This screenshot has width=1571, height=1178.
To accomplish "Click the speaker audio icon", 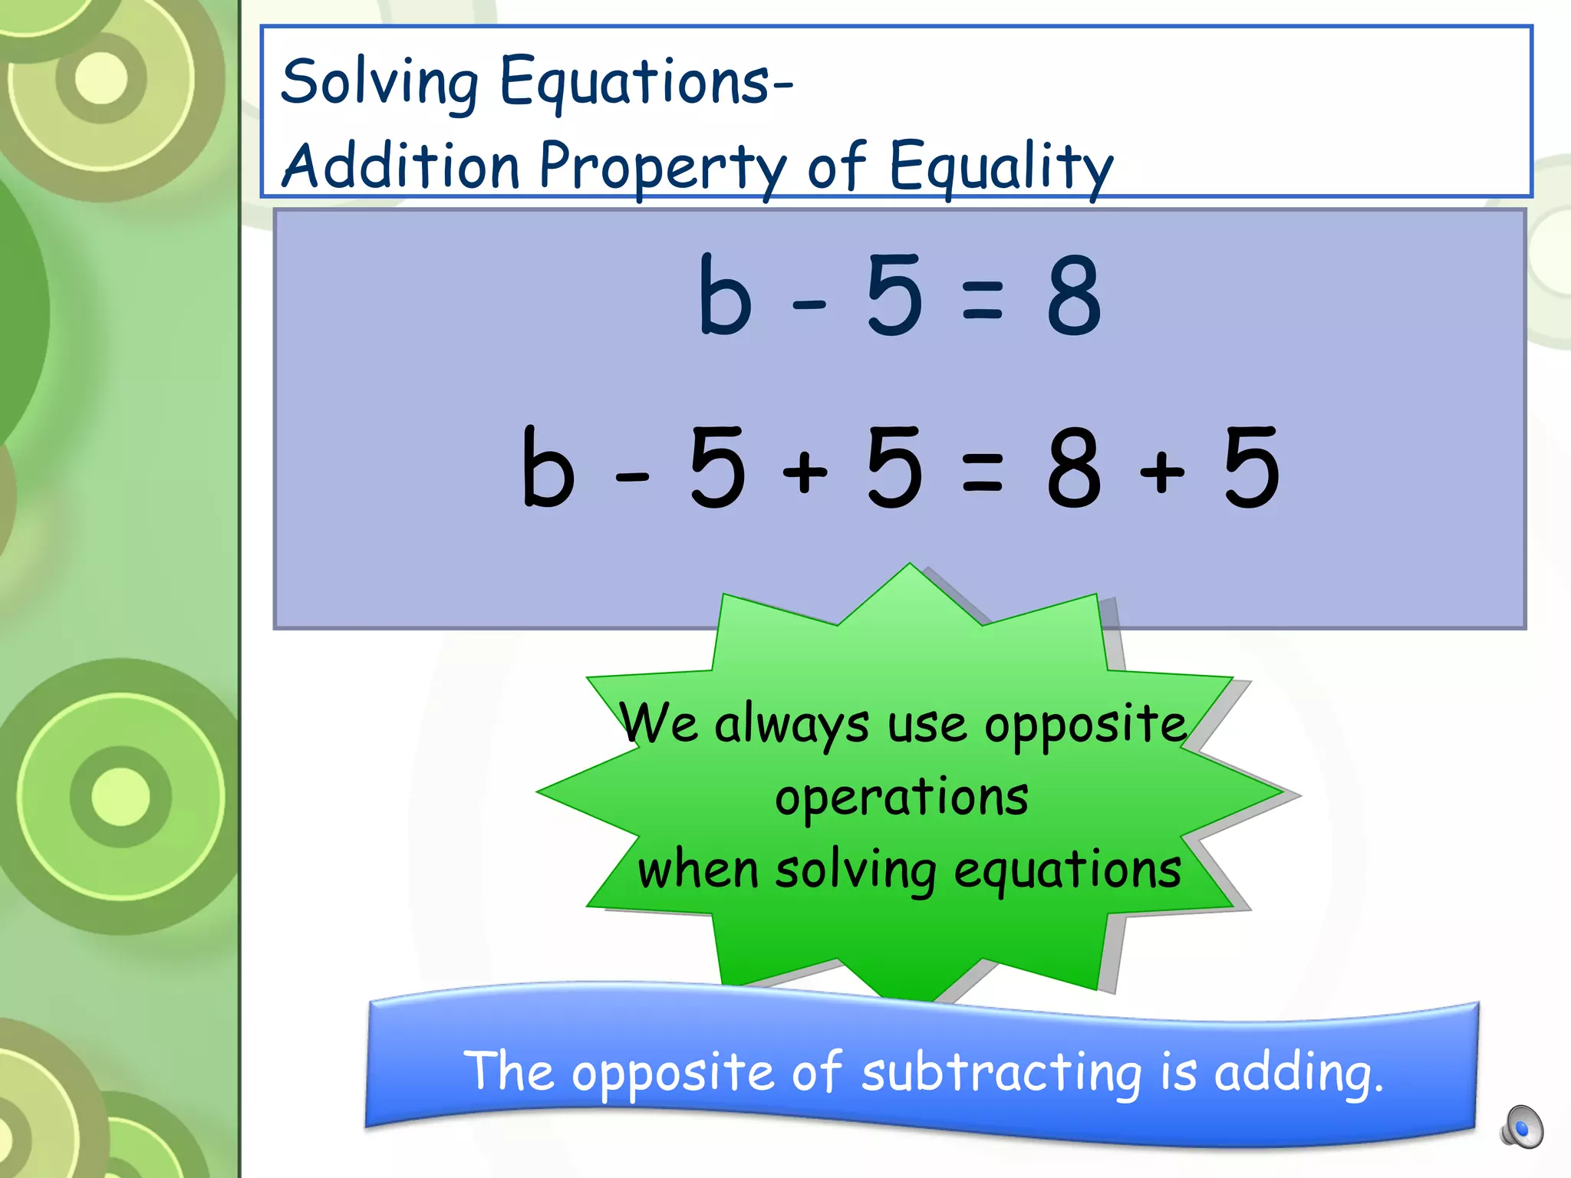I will (x=1522, y=1127).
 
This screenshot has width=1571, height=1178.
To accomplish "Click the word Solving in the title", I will (x=379, y=83).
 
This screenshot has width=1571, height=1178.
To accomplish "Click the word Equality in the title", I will (x=1000, y=167).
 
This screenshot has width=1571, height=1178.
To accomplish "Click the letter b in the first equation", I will (x=724, y=296).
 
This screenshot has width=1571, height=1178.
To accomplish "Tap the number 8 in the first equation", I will (x=1074, y=296).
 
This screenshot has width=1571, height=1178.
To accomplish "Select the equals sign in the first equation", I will (x=982, y=299).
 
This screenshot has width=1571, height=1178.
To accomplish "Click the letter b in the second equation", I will (x=548, y=468).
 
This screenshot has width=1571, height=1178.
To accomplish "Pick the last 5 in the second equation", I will (x=1252, y=468).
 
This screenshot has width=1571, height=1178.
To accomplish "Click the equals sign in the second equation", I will (x=982, y=471).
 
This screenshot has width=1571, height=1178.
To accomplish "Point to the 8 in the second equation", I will (x=1074, y=468).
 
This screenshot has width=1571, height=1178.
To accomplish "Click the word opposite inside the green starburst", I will (x=1085, y=726).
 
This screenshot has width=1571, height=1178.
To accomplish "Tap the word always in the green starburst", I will (x=792, y=726).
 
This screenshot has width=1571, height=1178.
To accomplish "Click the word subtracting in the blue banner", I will (x=1002, y=1072).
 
